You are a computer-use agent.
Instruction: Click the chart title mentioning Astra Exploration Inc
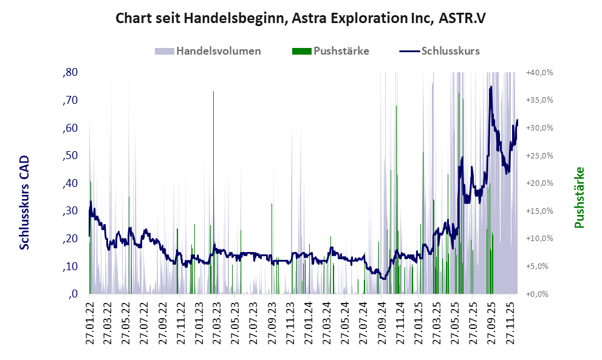pos(301,18)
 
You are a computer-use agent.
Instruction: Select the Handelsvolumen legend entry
pos(218,51)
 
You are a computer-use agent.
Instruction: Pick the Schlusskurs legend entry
pos(450,51)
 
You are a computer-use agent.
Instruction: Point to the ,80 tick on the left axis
pos(70,72)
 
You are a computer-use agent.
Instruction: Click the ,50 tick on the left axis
pos(70,155)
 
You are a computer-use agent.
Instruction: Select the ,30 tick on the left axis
pos(70,211)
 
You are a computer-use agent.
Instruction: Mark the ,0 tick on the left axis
pos(73,294)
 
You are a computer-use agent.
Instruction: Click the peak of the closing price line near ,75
pos(490,87)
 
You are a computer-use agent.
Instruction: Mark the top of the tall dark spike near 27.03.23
pos(214,91)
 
